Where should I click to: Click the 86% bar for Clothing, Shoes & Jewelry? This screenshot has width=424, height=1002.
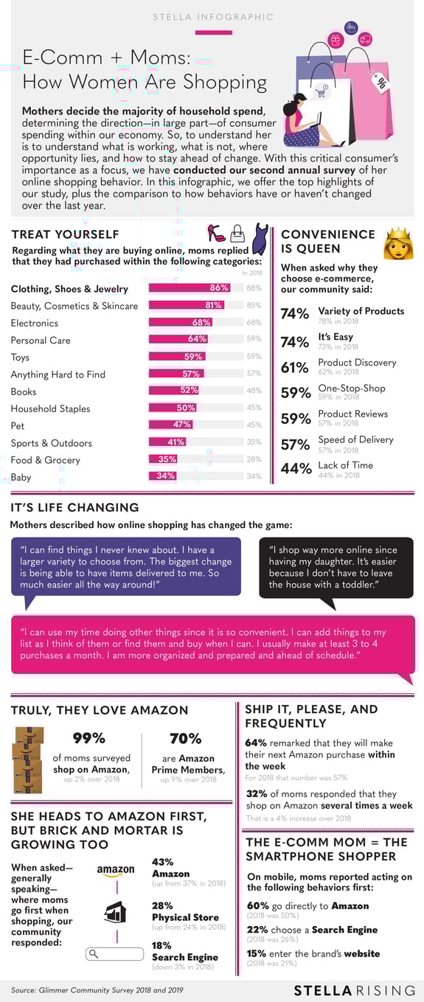pos(190,288)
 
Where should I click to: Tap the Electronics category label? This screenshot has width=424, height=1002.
pos(34,323)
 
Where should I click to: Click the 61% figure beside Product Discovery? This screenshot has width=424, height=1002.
pos(295,367)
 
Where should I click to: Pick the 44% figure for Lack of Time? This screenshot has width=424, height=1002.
pos(295,469)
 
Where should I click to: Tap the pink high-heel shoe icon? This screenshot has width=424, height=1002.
pos(216,234)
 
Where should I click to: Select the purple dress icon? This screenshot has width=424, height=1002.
pos(260,237)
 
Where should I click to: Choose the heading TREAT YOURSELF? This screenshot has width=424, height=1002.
pos(65,234)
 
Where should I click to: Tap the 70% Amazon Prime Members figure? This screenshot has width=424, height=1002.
pos(185,738)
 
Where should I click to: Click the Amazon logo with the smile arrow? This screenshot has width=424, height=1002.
pos(115,871)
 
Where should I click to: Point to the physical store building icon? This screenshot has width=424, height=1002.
pos(115,912)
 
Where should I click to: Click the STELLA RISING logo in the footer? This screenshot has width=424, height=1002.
pos(353,989)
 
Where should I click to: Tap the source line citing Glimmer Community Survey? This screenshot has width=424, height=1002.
pos(97,989)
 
